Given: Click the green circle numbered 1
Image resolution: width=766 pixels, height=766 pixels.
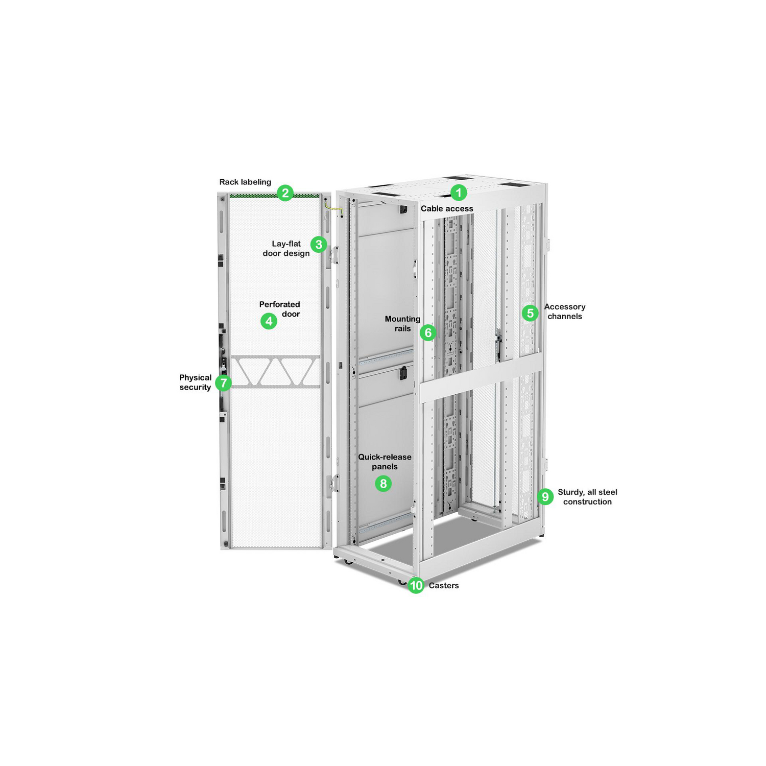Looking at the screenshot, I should click(459, 193).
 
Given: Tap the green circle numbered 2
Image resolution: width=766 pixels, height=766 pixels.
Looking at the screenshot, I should click(285, 193).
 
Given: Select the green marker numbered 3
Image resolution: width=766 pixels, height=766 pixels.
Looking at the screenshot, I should click(319, 245).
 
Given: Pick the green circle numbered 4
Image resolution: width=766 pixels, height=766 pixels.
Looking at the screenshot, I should click(269, 321).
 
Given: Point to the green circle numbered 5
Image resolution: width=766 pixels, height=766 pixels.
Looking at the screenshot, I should click(530, 313).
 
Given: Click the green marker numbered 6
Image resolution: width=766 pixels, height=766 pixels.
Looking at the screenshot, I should click(428, 333).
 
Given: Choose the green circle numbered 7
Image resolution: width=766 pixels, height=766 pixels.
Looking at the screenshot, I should click(223, 383).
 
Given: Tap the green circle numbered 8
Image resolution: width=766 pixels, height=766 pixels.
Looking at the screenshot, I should click(383, 484).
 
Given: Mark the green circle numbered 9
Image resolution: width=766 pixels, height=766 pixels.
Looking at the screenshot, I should click(545, 496).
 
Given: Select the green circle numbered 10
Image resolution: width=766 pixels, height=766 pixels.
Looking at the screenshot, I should click(416, 585).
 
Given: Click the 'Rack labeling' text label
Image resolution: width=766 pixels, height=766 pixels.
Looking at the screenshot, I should click(245, 182).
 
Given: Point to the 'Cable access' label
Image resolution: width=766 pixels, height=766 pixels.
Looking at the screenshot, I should click(447, 208).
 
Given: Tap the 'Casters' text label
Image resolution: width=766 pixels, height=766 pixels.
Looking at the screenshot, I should click(444, 586).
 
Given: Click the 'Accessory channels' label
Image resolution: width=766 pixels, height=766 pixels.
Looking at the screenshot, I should click(565, 312).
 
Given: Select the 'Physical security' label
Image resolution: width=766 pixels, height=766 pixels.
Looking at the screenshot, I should click(195, 382).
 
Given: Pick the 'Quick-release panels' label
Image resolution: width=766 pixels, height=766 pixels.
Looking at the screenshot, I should click(385, 462).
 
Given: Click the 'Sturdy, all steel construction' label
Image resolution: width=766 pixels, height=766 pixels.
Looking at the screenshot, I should click(587, 497).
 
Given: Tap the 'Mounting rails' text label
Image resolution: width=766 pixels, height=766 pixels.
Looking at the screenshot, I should click(402, 324).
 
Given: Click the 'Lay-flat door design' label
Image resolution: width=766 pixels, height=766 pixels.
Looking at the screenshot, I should click(286, 249).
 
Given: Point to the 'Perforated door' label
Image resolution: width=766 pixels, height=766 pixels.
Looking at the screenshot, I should click(280, 309).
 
